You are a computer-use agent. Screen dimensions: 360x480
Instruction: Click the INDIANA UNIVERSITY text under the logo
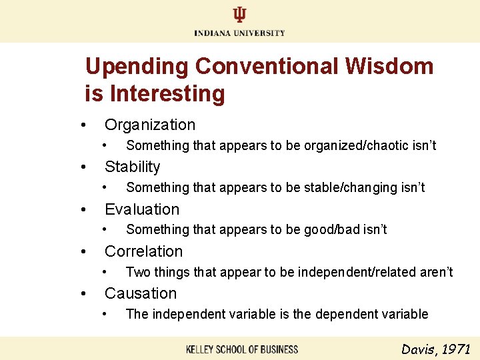click(239, 33)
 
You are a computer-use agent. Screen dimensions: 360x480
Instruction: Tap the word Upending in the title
click(137, 67)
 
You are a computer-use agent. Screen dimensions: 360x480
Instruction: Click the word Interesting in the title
click(167, 93)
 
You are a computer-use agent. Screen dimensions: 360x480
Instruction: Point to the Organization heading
click(150, 125)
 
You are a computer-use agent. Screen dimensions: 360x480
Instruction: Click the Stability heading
click(133, 167)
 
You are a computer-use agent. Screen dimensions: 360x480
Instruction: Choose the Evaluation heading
click(142, 209)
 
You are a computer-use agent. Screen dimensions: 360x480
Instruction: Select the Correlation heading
click(143, 251)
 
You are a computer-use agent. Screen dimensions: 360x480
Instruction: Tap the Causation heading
click(141, 293)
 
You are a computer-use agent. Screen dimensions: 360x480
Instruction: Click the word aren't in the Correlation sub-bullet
click(439, 272)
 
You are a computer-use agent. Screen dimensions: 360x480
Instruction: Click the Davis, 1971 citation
click(436, 349)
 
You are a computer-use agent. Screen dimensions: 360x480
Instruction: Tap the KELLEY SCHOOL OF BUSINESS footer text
click(242, 349)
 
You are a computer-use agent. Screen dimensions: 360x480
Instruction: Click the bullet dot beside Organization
click(83, 125)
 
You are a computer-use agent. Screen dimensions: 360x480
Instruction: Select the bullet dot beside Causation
click(83, 294)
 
